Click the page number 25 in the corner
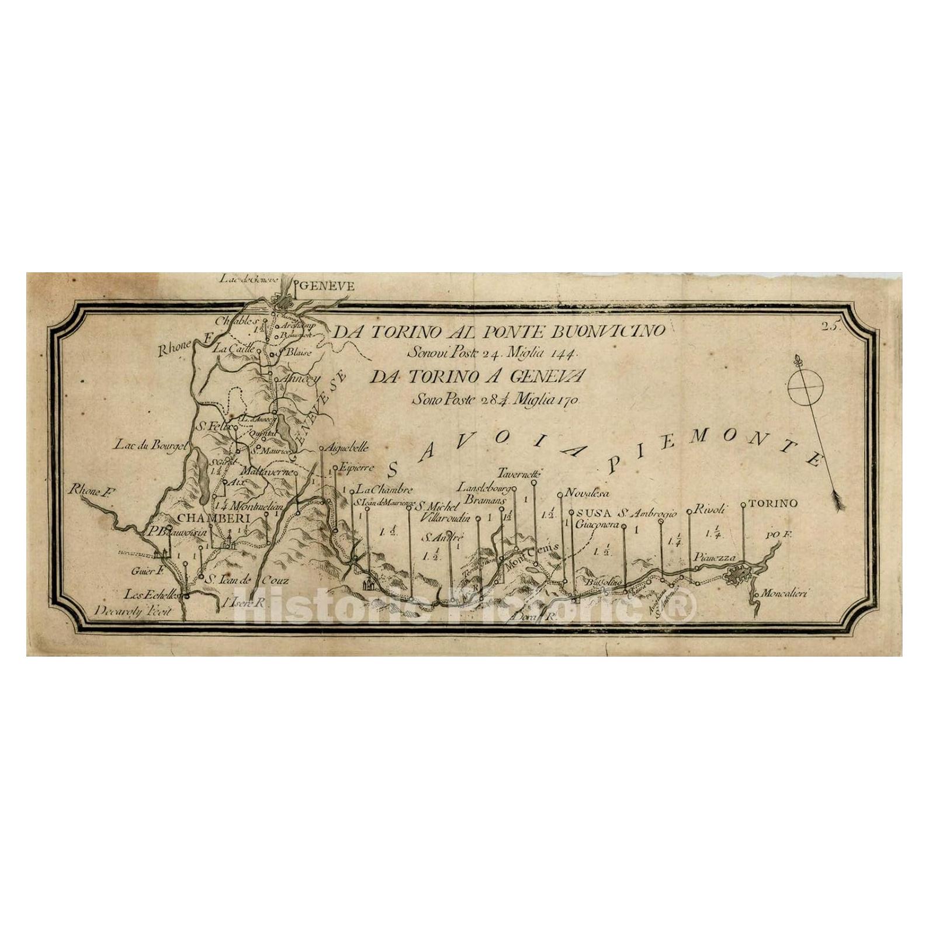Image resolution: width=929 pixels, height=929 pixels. tap(830, 327)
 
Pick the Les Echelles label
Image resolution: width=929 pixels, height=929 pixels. tap(154, 594)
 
